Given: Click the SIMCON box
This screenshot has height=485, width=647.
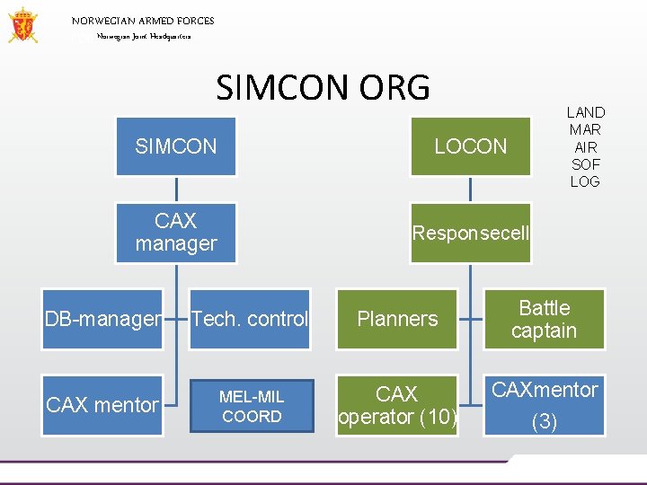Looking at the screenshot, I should click(x=176, y=146).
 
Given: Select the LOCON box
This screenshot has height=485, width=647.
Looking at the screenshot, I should click(x=470, y=146).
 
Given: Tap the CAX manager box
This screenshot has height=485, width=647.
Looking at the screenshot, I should click(x=176, y=233).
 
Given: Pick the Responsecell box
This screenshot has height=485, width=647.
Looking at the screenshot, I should click(x=470, y=234).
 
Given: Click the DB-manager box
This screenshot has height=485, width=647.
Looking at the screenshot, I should click(x=103, y=319).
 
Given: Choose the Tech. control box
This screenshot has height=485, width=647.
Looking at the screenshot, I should click(x=250, y=319).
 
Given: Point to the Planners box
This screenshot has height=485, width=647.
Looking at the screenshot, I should click(x=397, y=319).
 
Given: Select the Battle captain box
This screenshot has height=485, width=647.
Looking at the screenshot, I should click(x=544, y=319).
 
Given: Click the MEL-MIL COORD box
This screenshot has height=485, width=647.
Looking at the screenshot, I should click(x=251, y=405).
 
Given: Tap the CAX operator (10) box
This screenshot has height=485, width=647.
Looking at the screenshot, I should click(x=397, y=405).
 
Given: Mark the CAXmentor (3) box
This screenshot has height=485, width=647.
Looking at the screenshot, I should click(x=544, y=405).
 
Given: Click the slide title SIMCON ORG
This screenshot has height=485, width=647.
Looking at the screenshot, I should click(x=323, y=88).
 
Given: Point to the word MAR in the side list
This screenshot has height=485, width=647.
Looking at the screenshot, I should click(x=585, y=129).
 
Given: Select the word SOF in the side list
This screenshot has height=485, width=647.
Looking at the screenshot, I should click(x=585, y=164).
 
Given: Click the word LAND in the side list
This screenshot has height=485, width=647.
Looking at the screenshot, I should click(x=585, y=112).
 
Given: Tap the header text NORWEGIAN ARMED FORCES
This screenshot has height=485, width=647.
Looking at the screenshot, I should click(x=143, y=21).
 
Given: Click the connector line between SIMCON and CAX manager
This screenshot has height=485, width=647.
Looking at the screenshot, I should click(x=176, y=190).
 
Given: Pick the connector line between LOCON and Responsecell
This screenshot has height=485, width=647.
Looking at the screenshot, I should click(x=470, y=190).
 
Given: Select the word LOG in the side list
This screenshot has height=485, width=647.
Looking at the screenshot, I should click(x=585, y=181).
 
